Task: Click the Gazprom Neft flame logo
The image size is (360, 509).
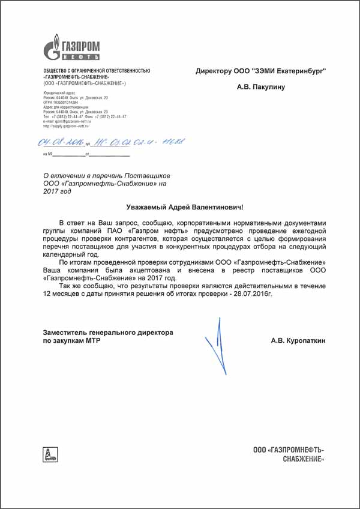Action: click(x=52, y=47)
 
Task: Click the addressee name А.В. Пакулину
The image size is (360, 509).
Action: click(x=261, y=86)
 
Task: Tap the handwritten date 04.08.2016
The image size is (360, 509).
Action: click(x=60, y=143)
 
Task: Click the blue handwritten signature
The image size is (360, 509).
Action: click(x=216, y=348)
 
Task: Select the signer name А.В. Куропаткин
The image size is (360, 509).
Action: click(x=298, y=340)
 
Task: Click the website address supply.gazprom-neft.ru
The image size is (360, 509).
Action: click(x=66, y=127)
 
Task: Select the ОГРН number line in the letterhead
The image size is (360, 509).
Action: click(x=61, y=103)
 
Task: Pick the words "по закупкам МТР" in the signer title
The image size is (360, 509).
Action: click(x=71, y=340)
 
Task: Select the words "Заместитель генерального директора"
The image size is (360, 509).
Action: click(x=108, y=332)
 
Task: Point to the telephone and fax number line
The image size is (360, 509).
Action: click(x=85, y=117)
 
